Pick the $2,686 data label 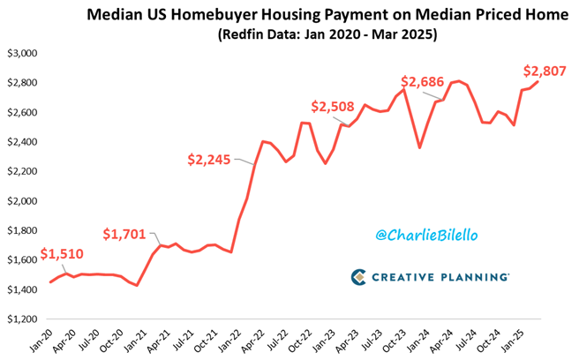click(x=425, y=82)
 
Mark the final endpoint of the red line click(x=539, y=82)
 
